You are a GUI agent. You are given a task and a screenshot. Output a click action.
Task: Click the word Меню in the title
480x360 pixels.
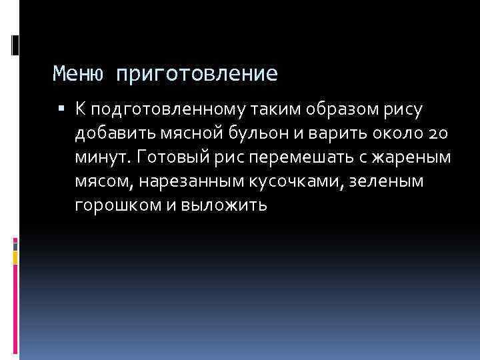77,73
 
